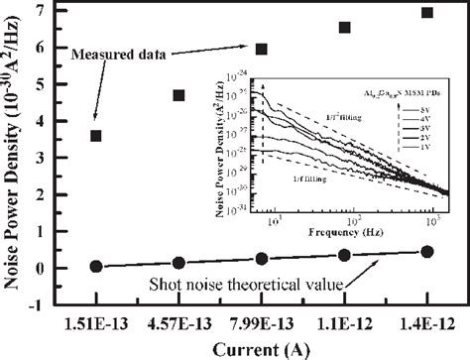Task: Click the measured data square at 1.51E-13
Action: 96,135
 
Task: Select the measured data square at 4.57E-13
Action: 178,95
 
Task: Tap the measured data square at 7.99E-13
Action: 262,49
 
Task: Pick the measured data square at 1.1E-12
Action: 345,28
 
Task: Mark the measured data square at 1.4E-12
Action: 427,13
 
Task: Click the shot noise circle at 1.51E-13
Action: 96,266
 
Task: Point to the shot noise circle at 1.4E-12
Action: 427,252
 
